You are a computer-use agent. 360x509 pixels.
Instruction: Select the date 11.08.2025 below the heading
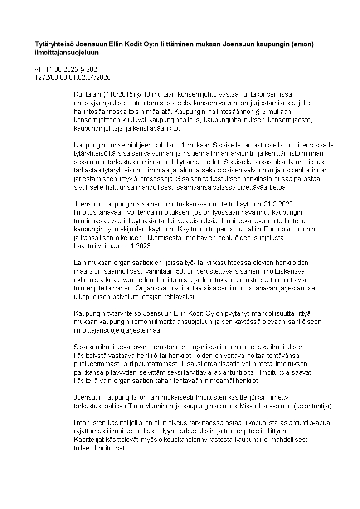click(x=60, y=70)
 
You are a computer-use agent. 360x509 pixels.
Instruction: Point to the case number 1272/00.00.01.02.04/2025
click(x=73, y=78)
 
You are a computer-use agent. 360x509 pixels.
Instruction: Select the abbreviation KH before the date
click(x=39, y=70)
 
